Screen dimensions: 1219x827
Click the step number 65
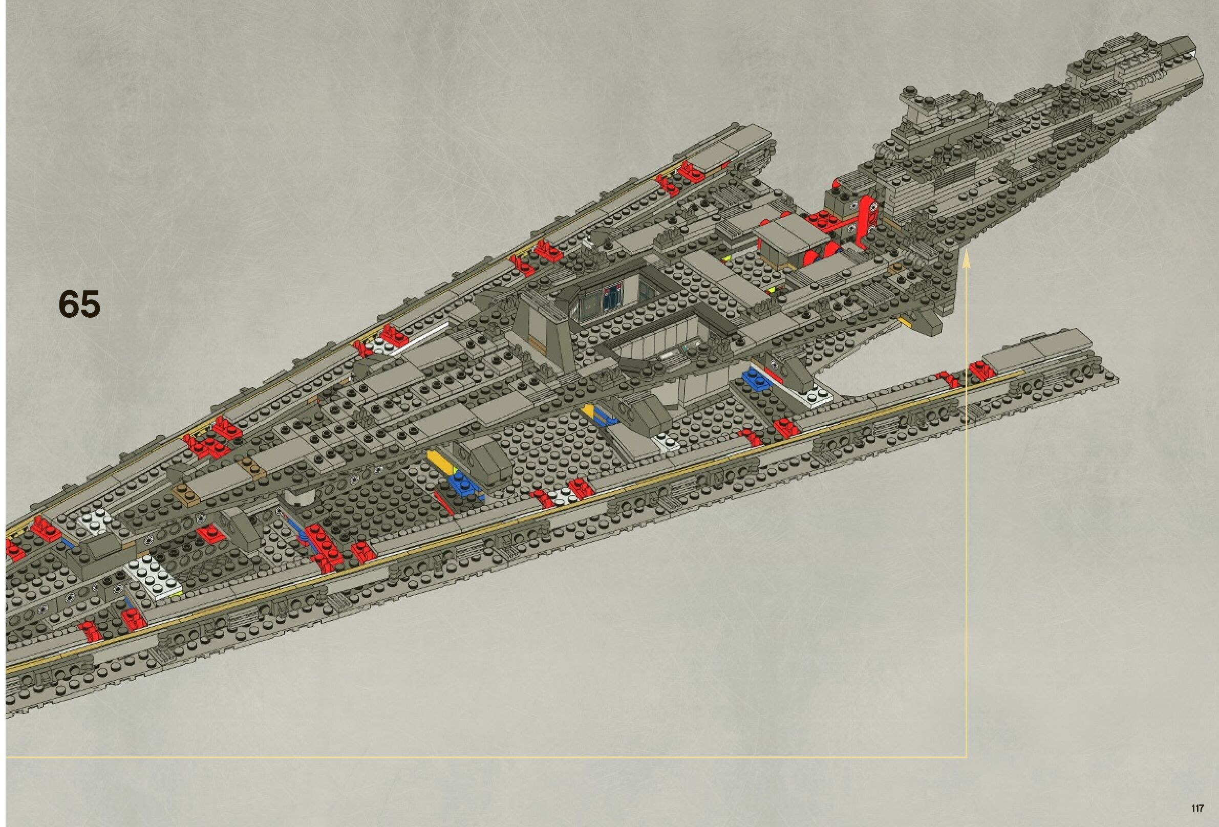tap(79, 303)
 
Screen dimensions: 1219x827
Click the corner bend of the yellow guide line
tap(966, 757)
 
